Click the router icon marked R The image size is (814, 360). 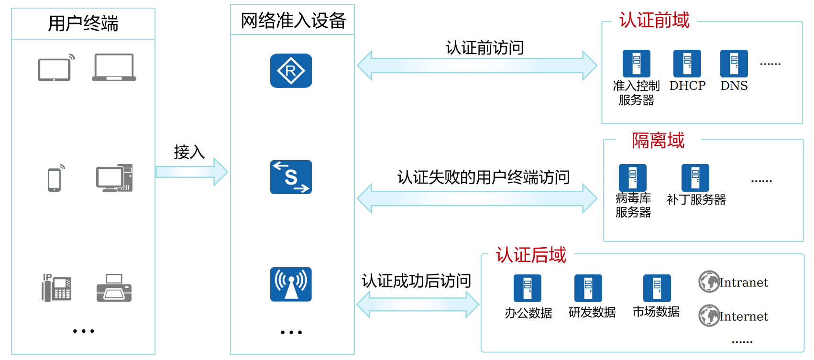291,71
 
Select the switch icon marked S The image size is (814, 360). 291,177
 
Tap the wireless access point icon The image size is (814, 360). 291,284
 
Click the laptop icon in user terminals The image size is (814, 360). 114,67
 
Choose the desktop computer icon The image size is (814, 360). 114,178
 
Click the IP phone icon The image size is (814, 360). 56,288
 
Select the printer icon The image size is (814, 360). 114,288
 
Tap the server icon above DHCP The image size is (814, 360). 687,64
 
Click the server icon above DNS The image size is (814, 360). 734,64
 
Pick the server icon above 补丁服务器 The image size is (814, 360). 695,178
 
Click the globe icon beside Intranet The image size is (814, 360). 709,282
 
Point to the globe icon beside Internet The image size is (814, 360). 709,316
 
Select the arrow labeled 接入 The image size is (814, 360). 191,172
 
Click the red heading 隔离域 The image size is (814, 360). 658,141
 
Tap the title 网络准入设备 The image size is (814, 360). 293,21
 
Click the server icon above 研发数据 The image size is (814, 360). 588,288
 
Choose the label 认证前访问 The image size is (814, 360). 484,48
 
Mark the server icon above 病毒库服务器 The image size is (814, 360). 632,178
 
